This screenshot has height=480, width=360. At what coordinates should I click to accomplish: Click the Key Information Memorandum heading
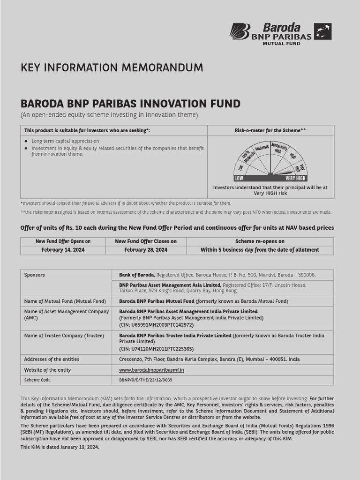(x=112, y=67)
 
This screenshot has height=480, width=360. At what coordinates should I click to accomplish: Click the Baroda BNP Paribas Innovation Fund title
(x=130, y=104)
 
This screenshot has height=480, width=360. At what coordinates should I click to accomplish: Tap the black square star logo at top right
(x=322, y=31)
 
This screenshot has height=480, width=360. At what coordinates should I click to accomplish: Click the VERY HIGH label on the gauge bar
(x=295, y=179)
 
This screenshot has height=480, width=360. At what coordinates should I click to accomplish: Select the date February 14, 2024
(x=63, y=250)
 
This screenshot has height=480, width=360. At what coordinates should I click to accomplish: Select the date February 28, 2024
(x=146, y=250)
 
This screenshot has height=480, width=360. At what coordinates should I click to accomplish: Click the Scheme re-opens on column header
(x=260, y=241)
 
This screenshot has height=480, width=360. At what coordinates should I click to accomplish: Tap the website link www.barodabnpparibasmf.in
(x=151, y=370)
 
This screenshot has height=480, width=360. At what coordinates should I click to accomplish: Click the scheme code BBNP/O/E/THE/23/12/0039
(x=146, y=380)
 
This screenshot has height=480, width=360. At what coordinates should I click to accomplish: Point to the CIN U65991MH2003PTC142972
(x=156, y=325)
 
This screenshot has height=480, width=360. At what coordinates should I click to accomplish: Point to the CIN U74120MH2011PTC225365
(x=156, y=349)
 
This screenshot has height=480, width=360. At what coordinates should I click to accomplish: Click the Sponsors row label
(x=35, y=275)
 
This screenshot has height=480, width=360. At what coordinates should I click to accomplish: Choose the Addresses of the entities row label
(x=52, y=359)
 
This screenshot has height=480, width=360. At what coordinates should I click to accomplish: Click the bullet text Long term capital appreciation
(x=65, y=141)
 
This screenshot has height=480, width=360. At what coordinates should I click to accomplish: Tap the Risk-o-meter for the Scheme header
(x=270, y=130)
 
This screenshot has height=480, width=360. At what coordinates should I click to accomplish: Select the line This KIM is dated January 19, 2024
(x=60, y=447)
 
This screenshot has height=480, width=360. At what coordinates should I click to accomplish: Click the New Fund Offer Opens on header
(x=63, y=241)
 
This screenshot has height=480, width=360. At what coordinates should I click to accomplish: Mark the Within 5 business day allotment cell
(x=260, y=250)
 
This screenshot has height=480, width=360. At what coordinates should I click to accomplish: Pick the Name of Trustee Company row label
(x=64, y=336)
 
